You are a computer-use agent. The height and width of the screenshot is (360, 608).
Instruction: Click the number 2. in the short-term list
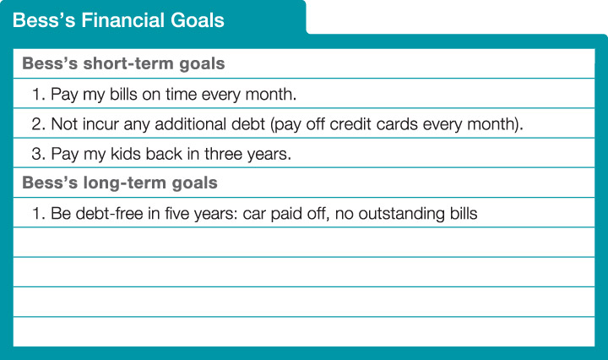pos(38,123)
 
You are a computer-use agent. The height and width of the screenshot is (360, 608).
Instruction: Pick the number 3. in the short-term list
pos(38,154)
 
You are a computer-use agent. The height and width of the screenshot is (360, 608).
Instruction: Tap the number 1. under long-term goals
pos(38,214)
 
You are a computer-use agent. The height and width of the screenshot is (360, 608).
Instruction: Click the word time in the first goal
pos(191,94)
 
